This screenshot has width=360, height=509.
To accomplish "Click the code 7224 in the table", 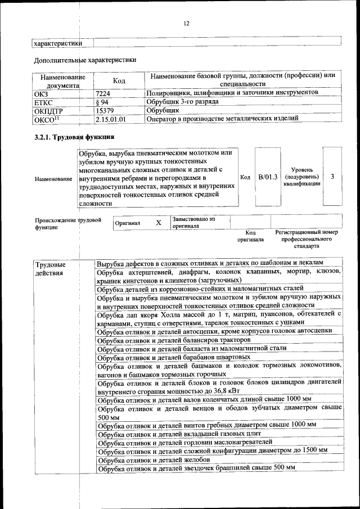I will pyautogui.click(x=103, y=92).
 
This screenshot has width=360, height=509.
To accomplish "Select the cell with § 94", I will pyautogui.click(x=102, y=101).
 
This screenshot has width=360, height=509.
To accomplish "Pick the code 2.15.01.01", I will pyautogui.click(x=111, y=119).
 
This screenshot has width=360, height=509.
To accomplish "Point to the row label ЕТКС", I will pyautogui.click(x=44, y=102).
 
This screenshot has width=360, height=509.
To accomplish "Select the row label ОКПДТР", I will pyautogui.click(x=48, y=111).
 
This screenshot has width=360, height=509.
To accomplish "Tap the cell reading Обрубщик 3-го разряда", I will pyautogui.click(x=182, y=101).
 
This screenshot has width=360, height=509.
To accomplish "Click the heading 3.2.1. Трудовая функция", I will pyautogui.click(x=74, y=137).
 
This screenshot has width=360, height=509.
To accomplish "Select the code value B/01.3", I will pyautogui.click(x=268, y=177).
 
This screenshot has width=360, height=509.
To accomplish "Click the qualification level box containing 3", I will pyautogui.click(x=332, y=177).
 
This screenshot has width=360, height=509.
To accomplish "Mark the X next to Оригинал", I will pyautogui.click(x=159, y=223).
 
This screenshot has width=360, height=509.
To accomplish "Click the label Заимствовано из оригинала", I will pyautogui.click(x=193, y=222).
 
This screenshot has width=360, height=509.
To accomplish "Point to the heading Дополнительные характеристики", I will pyautogui.click(x=84, y=59).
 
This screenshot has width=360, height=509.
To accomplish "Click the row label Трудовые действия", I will pyautogui.click(x=49, y=268).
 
